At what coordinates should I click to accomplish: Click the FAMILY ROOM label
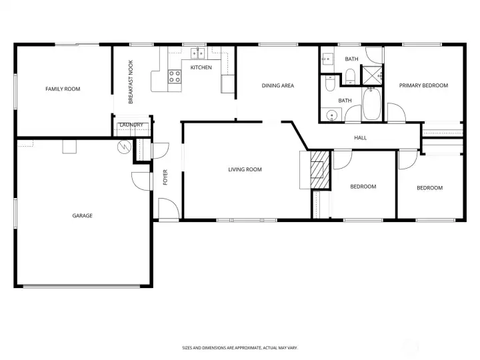[x=63, y=89]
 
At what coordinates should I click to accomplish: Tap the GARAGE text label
[x=83, y=215]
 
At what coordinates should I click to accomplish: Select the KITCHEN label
[x=201, y=67]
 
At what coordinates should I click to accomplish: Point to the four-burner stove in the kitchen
[x=175, y=77]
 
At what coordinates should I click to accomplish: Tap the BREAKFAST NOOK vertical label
[x=131, y=83]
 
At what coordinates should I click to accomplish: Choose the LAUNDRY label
[x=129, y=125]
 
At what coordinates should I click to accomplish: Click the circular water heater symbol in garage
[x=123, y=147]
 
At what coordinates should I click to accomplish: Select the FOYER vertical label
[x=165, y=177]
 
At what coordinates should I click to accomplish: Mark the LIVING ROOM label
[x=245, y=169]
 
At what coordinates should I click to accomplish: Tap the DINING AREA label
[x=277, y=85]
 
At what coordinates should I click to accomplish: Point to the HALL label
[x=361, y=138]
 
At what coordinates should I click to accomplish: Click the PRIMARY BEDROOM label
[x=423, y=85]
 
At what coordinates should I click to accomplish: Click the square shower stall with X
[x=371, y=77]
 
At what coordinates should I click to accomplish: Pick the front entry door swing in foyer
[x=168, y=209]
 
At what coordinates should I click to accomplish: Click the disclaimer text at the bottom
[x=240, y=347]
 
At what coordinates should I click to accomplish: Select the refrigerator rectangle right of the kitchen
[x=228, y=84]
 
